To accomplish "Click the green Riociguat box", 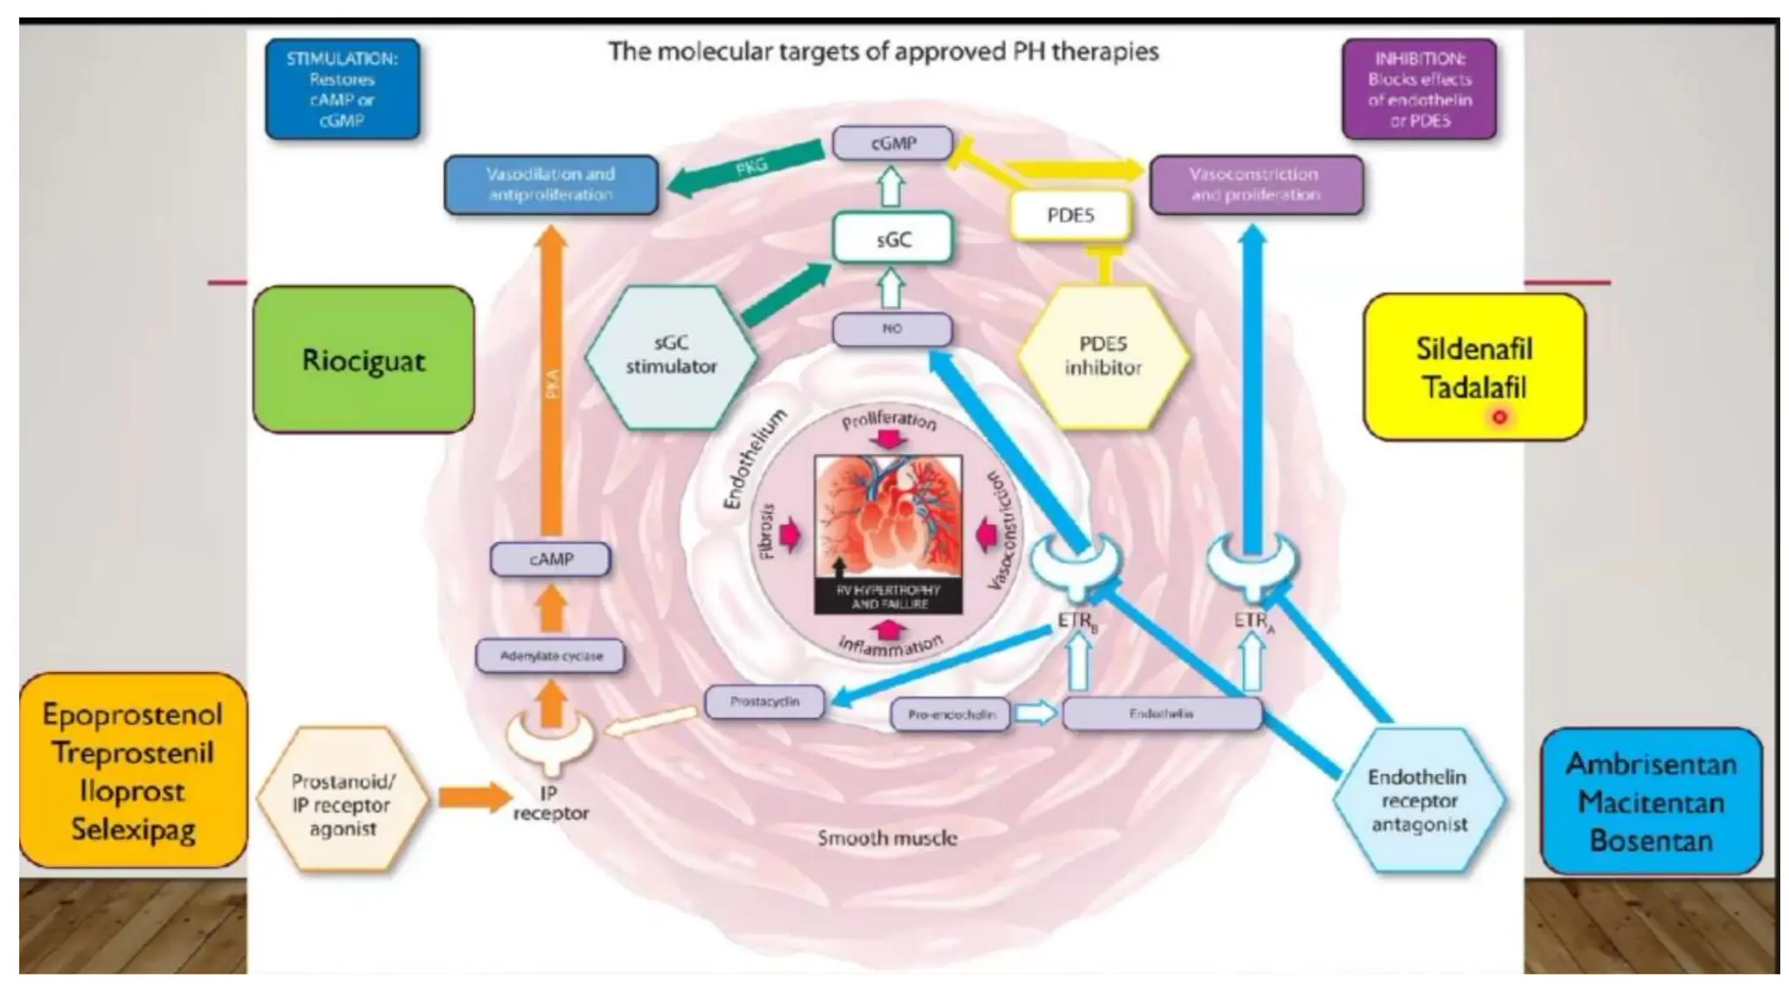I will (x=363, y=360).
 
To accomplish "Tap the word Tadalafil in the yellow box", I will (x=1474, y=388).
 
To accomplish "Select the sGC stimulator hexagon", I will (x=670, y=355).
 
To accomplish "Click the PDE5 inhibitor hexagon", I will (x=1102, y=355).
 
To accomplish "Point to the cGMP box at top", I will (x=892, y=143).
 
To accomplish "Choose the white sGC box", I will (x=892, y=238).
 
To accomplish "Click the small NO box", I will (x=892, y=329).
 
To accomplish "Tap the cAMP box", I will (x=550, y=559).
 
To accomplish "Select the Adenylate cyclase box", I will (x=550, y=656).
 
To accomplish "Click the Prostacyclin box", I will (x=764, y=701).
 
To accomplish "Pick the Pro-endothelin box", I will (x=950, y=714).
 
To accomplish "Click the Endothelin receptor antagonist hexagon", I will (x=1418, y=800).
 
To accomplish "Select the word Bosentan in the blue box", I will (x=1650, y=840).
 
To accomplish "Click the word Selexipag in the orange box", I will (x=133, y=829).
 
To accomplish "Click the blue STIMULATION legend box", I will (x=342, y=89).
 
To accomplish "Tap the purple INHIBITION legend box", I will (x=1419, y=89).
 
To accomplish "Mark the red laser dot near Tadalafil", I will (x=1500, y=417).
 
